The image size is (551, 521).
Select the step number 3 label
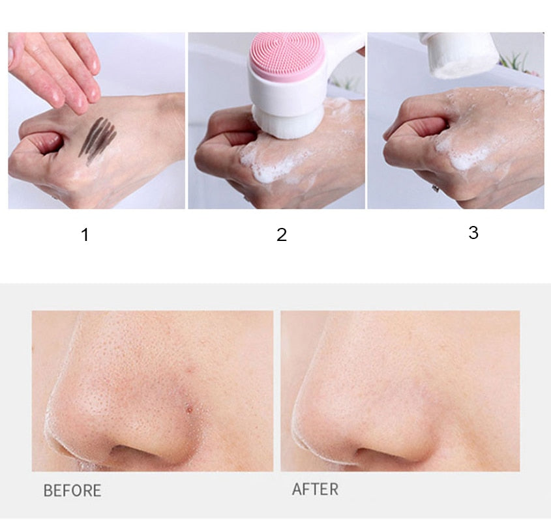click(x=473, y=232)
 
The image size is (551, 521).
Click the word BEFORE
click(x=72, y=490)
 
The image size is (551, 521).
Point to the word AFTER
click(x=315, y=489)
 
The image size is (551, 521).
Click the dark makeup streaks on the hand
click(x=98, y=135)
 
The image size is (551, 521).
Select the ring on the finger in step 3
click(x=435, y=188)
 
